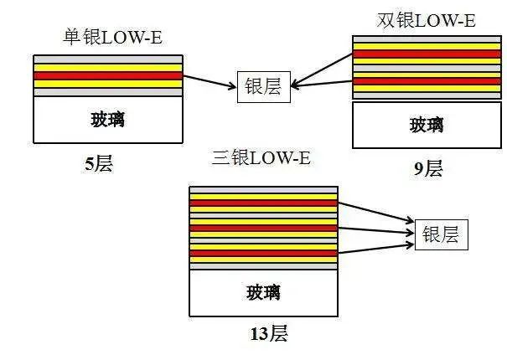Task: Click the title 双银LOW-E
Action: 427,20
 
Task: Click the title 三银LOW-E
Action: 261,158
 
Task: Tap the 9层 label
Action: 427,168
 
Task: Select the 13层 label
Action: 268,334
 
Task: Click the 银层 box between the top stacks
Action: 263,86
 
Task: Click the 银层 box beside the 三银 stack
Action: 441,234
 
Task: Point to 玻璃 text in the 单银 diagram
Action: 108,119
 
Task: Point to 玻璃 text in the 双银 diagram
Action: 427,126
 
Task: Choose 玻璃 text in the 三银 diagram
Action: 263,293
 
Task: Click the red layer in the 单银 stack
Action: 108,75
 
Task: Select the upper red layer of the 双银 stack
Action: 427,54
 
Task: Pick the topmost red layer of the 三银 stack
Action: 263,203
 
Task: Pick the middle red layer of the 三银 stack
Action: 263,228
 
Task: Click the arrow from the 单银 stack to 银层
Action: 210,81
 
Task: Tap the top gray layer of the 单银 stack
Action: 108,59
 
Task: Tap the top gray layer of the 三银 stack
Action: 263,190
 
